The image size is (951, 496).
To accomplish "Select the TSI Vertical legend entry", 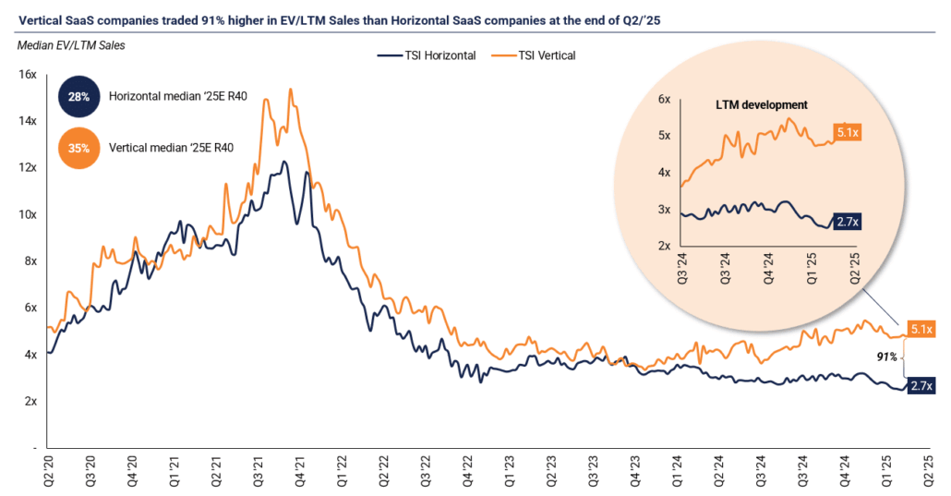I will [x=542, y=55].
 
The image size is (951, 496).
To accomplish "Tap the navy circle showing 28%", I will [x=77, y=96].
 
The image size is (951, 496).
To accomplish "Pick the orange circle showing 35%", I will [x=77, y=146].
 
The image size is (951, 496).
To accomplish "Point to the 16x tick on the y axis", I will [x=27, y=74].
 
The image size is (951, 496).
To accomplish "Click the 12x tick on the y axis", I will [x=27, y=167].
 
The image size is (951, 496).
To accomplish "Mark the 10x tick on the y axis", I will [x=27, y=214].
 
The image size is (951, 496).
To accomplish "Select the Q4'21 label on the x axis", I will [x=300, y=466].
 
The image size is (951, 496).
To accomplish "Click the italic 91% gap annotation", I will [x=886, y=356].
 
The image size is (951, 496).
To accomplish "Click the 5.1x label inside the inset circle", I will [x=849, y=131].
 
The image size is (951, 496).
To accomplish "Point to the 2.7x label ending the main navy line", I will [x=920, y=387].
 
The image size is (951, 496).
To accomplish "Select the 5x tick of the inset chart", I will [x=664, y=136].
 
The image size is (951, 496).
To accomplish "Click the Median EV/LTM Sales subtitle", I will [x=70, y=44].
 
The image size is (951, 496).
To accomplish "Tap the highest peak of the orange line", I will [x=291, y=90].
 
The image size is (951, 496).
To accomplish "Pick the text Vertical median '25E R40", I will [x=171, y=146].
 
